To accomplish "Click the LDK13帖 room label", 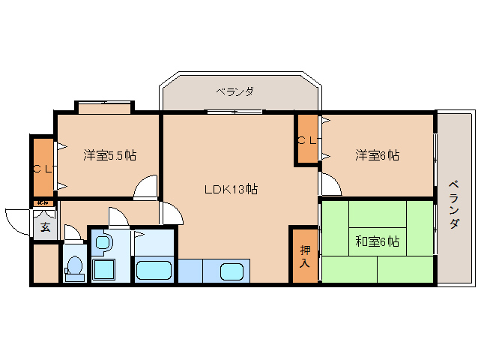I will click(x=231, y=190).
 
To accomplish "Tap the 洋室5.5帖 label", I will click(x=109, y=156).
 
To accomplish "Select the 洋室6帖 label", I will click(x=377, y=156).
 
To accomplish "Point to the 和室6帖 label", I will click(x=376, y=241).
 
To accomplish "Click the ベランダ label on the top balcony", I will click(x=235, y=92).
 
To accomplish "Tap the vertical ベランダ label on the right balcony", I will click(x=454, y=205).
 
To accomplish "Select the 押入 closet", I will click(x=305, y=256).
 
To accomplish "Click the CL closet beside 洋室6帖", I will click(x=306, y=139).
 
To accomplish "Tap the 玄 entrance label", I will click(x=44, y=227).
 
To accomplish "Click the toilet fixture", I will click(x=74, y=267).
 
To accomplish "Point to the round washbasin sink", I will click(x=103, y=242).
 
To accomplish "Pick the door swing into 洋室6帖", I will click(x=330, y=184).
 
